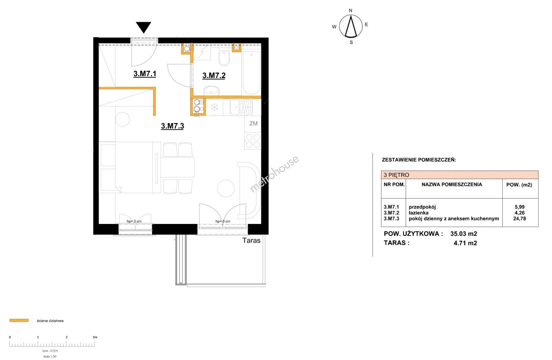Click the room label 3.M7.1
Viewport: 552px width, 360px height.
tap(145, 74)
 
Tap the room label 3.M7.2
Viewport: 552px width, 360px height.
tap(214, 75)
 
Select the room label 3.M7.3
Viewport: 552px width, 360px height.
tap(172, 126)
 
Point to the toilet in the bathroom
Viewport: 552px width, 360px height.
tap(224, 57)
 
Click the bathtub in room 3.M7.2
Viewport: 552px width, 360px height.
tap(251, 73)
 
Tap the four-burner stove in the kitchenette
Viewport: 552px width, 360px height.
tap(253, 141)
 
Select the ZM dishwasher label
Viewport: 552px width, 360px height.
tap(253, 123)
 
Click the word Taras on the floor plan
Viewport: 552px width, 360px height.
tap(251, 240)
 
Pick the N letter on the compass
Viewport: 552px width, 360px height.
tap(351, 10)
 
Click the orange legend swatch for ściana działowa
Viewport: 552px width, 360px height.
tap(19, 320)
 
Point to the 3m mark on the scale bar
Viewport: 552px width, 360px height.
tap(95, 337)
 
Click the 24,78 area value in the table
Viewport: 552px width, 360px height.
tap(519, 218)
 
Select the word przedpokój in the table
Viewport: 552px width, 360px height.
tap(422, 207)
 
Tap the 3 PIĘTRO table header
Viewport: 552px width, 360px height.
tap(396, 175)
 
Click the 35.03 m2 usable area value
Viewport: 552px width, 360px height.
tap(464, 233)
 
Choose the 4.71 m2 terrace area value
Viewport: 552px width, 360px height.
tap(465, 243)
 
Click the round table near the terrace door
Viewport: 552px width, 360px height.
tap(226, 188)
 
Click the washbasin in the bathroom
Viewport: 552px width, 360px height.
tap(211, 91)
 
